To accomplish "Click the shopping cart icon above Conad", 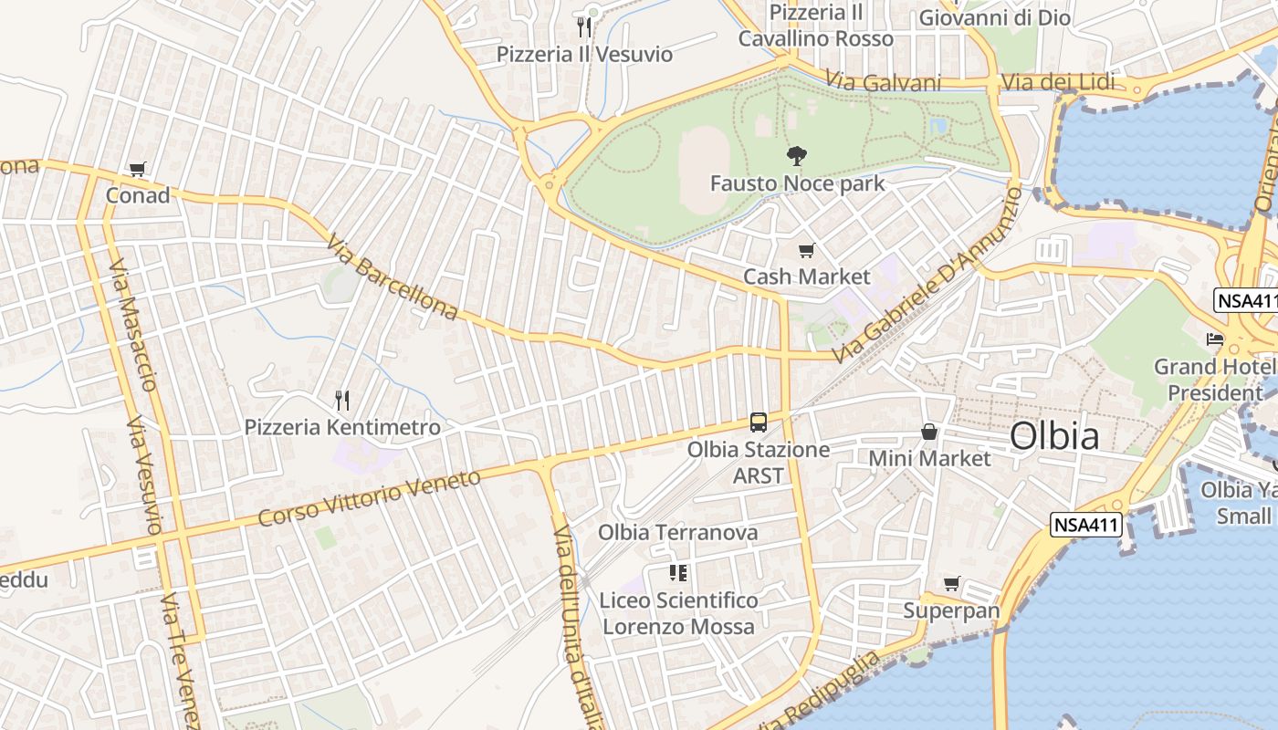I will pos(138,169).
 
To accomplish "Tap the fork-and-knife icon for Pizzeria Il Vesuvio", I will pos(584,27).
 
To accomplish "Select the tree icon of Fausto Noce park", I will pos(797,156).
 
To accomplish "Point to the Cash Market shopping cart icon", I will pos(806,250).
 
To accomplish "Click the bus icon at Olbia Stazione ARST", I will pos(759,422).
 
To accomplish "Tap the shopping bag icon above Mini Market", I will pos(929,432).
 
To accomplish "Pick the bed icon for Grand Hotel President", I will pos(1214,339).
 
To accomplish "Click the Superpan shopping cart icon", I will pos(952,583).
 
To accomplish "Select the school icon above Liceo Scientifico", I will pos(677,573).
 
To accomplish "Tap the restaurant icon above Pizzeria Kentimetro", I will pos(342,400).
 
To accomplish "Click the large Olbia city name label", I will pos(1054,436).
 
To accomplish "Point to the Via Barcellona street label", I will pos(392,279).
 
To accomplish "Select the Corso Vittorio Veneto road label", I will pos(369,498).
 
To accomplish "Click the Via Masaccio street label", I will pos(133,324).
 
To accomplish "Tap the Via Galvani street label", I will pos(883,82).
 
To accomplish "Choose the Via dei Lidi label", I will pos(1058,82).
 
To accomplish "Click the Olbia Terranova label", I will pos(677,532).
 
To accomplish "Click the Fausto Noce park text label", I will pos(797,183).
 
